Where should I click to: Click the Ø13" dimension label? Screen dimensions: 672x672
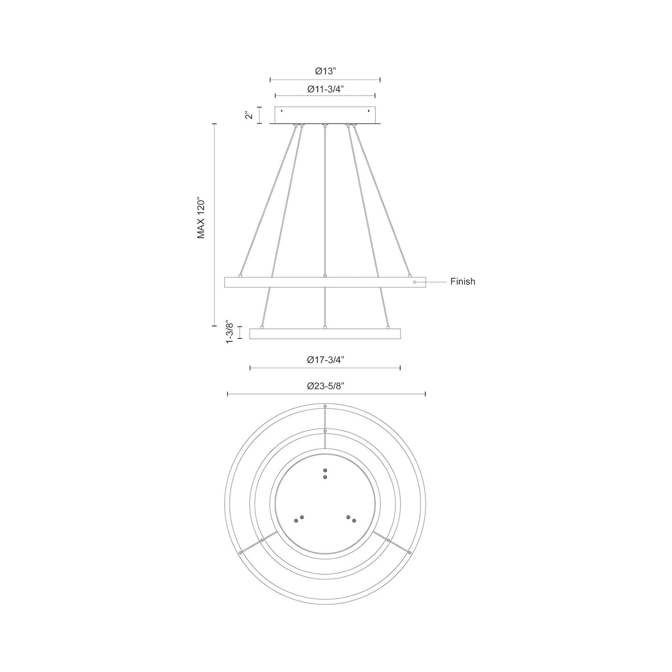pos(326,71)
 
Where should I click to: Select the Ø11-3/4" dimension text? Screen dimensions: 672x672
pos(326,89)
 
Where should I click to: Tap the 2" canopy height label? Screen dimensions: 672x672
pos(248,115)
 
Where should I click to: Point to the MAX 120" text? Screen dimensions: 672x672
pos(201,219)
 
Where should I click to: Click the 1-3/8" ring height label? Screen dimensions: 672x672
pos(230,332)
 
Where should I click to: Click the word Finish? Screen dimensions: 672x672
pos(463,281)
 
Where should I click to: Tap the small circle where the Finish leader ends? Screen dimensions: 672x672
pos(414,282)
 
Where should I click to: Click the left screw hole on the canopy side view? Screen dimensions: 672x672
pos(282,111)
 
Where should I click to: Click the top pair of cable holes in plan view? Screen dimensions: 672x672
pos(325,473)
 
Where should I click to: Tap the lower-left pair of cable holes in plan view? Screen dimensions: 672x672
pos(299,528)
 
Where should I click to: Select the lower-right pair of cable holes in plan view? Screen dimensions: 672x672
pos(351,528)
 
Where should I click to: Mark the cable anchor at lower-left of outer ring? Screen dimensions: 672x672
pos(240,553)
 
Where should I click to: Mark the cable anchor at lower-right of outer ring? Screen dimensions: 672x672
pos(410,553)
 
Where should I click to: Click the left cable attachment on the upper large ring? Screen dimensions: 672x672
pos(240,276)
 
